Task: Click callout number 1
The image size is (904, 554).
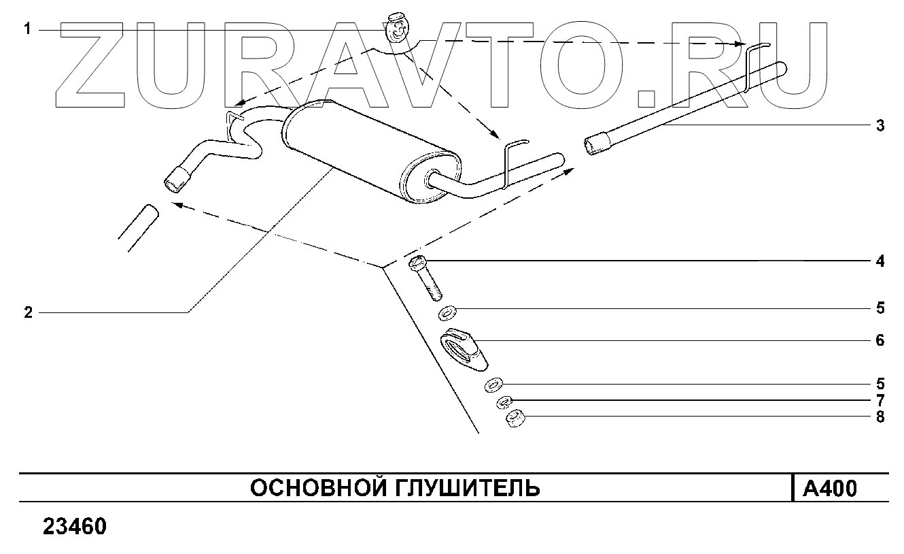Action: click(28, 29)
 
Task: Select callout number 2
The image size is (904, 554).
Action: click(28, 312)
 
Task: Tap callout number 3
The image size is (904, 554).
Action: click(880, 126)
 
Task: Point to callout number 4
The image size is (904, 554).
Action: click(880, 261)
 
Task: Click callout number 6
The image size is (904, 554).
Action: click(880, 340)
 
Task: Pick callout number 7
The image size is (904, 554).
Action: click(880, 401)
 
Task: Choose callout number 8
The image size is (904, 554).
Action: click(880, 417)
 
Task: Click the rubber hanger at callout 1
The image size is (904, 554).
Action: click(397, 28)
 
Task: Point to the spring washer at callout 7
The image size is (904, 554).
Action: click(504, 402)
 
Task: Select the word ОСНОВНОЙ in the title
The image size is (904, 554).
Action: click(309, 488)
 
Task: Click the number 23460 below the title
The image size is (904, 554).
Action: click(75, 527)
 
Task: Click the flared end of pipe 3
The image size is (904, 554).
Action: click(596, 145)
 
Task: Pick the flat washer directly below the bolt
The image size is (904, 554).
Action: click(447, 314)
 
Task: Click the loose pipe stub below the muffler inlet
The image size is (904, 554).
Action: click(138, 228)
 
